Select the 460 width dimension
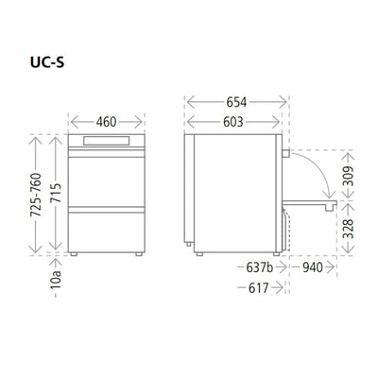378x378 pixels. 107,121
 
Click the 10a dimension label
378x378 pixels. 56,278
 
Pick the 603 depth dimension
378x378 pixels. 232,121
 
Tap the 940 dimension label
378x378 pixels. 315,268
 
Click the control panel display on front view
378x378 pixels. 106,142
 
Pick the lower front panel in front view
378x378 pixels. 106,228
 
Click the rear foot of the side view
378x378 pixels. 199,253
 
